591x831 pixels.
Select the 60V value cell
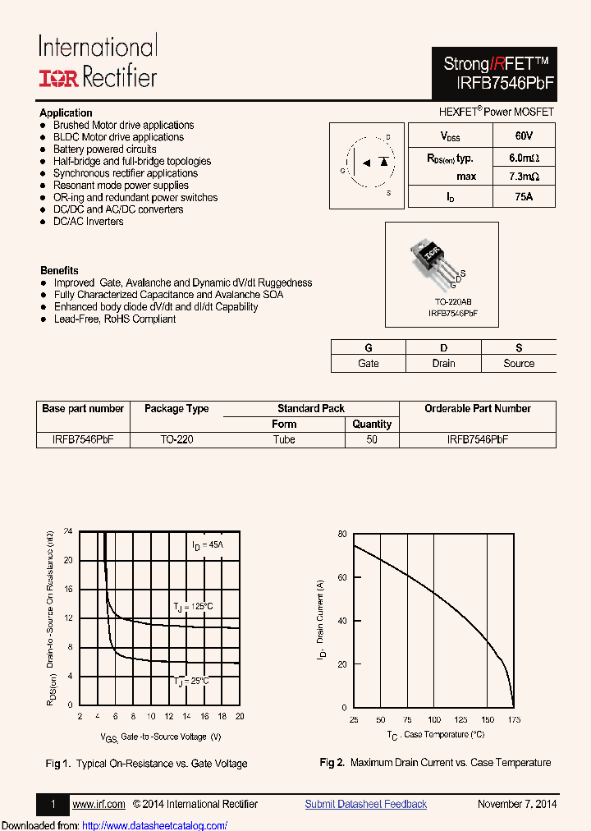[x=523, y=135]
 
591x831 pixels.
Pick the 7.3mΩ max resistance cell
[x=523, y=177]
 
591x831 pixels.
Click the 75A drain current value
[x=523, y=197]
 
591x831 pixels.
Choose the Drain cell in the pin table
[x=443, y=363]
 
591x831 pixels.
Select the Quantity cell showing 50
[x=372, y=439]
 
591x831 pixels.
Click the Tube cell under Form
[x=284, y=439]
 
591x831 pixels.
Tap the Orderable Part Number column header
[x=477, y=408]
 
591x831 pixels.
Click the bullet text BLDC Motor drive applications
[x=118, y=137]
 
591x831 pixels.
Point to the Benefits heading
[x=59, y=270]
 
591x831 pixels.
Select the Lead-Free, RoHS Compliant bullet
[x=114, y=319]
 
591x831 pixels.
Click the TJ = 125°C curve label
[x=194, y=606]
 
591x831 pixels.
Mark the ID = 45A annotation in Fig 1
[x=207, y=545]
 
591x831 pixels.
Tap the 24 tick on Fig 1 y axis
[x=68, y=531]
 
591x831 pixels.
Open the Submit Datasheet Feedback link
[x=365, y=804]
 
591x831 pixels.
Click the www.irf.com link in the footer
[x=98, y=804]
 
